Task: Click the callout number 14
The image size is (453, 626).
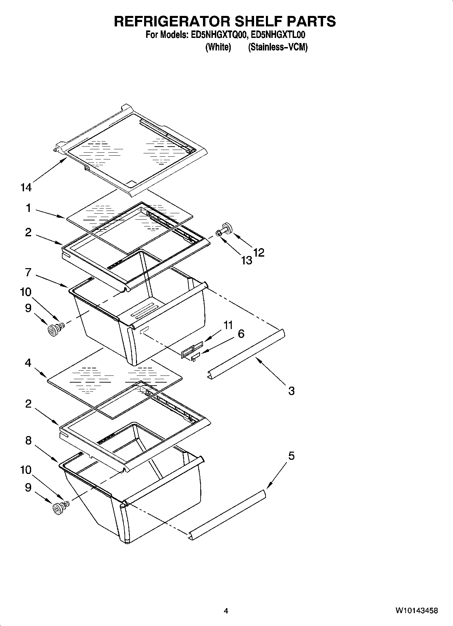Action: pyautogui.click(x=26, y=187)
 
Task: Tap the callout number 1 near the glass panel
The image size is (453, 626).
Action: pyautogui.click(x=29, y=208)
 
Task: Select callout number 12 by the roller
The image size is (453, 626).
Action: pyautogui.click(x=259, y=253)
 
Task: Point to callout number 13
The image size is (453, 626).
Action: pyautogui.click(x=247, y=260)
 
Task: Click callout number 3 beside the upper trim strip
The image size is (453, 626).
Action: pyautogui.click(x=291, y=391)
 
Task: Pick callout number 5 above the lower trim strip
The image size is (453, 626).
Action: pyautogui.click(x=291, y=456)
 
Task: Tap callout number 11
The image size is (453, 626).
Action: pyautogui.click(x=228, y=325)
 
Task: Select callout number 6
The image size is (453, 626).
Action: pyautogui.click(x=241, y=333)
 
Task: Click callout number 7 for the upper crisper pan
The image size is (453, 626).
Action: pyautogui.click(x=28, y=272)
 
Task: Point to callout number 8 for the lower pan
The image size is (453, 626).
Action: pyautogui.click(x=28, y=440)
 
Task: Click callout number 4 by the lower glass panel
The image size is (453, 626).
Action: pyautogui.click(x=28, y=363)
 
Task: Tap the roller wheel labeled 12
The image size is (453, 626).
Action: pyautogui.click(x=226, y=228)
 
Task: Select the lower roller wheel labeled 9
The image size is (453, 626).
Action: pyautogui.click(x=58, y=509)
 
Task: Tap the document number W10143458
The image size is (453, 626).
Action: pyautogui.click(x=416, y=611)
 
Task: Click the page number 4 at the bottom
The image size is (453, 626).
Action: pyautogui.click(x=226, y=611)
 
